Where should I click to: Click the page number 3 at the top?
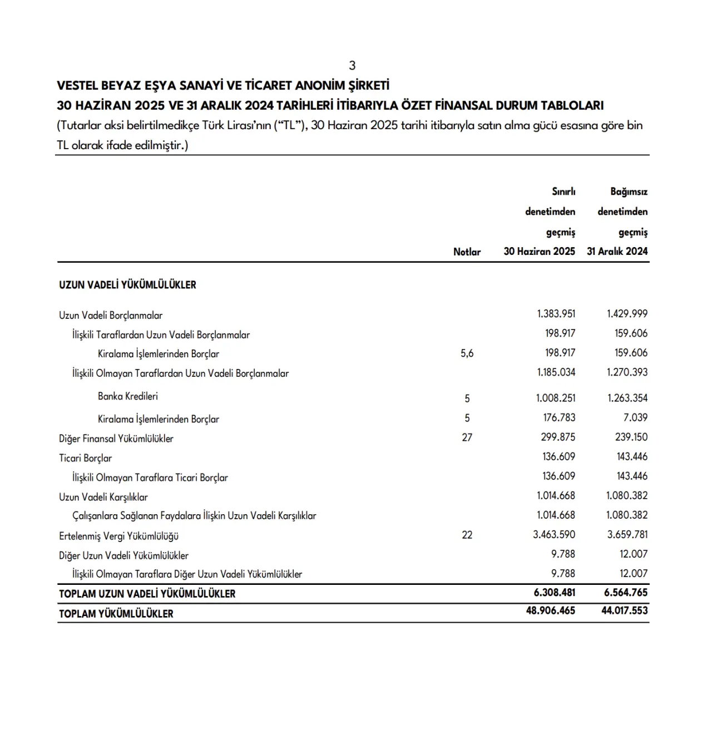coord(352,66)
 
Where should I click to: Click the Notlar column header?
coord(467,252)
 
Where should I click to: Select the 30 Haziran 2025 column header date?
coord(539,251)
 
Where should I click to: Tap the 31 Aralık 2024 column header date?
coord(617,251)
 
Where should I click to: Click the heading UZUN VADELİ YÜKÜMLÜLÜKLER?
coord(127,285)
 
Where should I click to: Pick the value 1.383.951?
coord(556,314)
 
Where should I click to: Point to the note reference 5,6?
coord(467,353)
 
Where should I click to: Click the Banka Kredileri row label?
coord(128,396)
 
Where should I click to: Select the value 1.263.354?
coord(627,398)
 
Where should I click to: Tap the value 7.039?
coord(635,417)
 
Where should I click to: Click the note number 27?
coord(467,437)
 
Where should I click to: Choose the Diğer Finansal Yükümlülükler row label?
coord(116,439)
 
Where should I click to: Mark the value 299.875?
coord(558,437)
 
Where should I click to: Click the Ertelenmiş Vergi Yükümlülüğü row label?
coord(118,536)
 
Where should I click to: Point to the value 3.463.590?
coord(554,534)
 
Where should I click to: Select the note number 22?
coord(467,535)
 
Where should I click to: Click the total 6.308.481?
coord(554,593)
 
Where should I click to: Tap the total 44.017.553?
coord(624,610)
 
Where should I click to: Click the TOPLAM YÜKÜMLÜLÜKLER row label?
coord(116,614)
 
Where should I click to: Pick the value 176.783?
coord(559,417)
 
